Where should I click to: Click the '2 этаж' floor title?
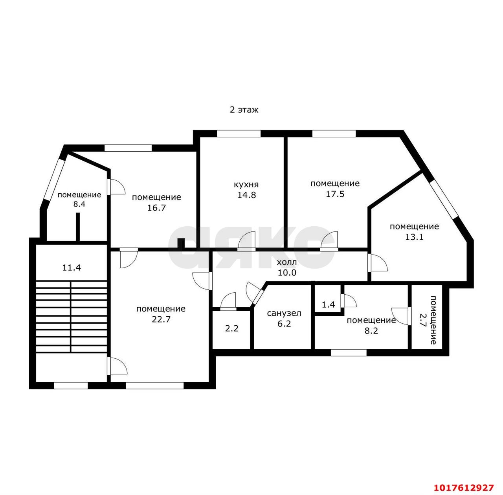[x=244, y=110]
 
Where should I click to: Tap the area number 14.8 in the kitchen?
[x=246, y=195]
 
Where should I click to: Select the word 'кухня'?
[x=246, y=185]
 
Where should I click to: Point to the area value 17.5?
[x=335, y=194]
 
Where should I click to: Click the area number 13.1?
[x=414, y=237]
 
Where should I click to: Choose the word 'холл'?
[x=286, y=262]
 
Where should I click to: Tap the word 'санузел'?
[x=284, y=313]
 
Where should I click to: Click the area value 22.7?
[x=161, y=319]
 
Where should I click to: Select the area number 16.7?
[x=156, y=208]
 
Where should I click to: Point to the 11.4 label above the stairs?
[x=72, y=268]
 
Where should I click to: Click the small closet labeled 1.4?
[x=328, y=304]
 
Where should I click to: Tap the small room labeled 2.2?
[x=232, y=328]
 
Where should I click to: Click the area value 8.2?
[x=371, y=331]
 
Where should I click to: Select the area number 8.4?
[x=79, y=204]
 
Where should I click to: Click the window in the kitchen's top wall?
[x=239, y=134]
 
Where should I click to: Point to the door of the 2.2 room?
[x=228, y=301]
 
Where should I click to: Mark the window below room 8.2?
[x=349, y=353]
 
